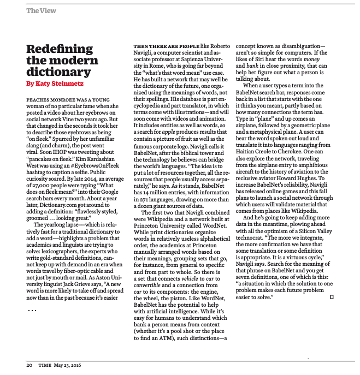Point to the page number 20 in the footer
pos(29,365)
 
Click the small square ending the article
pos(332,297)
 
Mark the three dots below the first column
pos(32,311)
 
